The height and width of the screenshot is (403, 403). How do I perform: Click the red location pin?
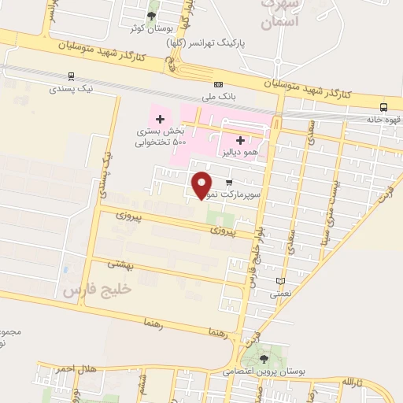click(x=203, y=183)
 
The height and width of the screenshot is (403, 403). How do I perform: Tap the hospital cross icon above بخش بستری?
click(x=160, y=119)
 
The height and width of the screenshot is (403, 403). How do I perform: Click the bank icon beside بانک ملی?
click(x=218, y=85)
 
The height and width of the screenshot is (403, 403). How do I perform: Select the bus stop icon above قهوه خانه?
click(x=383, y=107)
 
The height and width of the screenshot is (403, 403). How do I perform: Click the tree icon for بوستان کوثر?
click(x=151, y=15)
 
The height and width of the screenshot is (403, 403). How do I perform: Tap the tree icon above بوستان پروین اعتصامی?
click(x=262, y=349)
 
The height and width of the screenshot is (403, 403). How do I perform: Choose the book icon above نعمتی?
click(x=281, y=281)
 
